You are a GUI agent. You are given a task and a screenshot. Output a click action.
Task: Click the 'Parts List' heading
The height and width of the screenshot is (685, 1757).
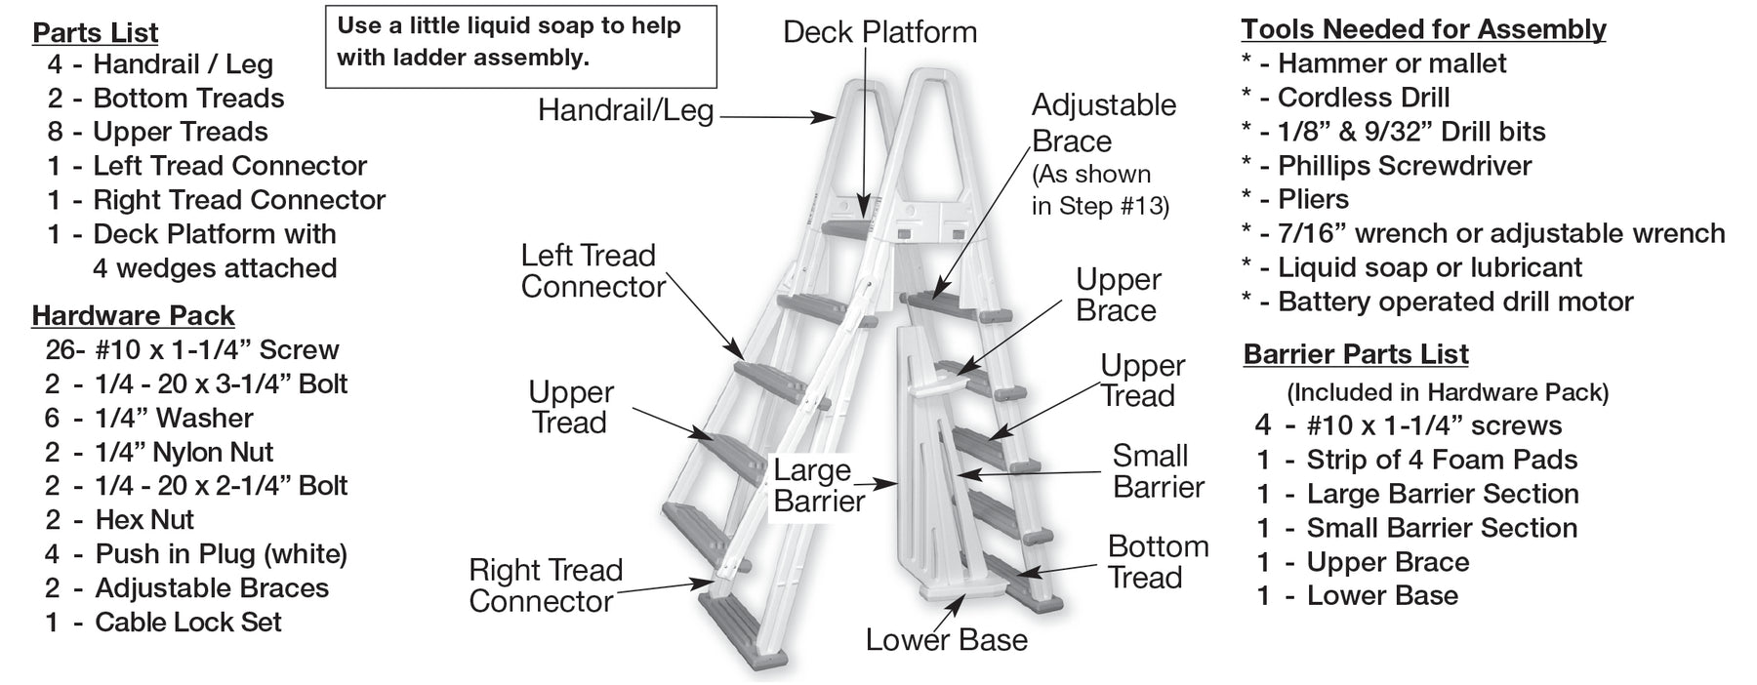(95, 32)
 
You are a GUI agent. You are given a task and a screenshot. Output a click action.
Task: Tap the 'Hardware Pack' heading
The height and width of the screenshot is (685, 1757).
(133, 315)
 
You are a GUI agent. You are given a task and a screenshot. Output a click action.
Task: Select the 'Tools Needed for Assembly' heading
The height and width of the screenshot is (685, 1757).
(1423, 29)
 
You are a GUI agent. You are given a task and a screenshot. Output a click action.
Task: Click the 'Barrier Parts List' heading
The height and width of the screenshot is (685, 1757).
(1356, 354)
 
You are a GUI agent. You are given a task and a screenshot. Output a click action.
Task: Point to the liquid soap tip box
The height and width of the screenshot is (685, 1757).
(520, 46)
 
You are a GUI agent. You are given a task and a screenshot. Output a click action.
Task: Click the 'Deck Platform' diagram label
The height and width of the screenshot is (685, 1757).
(879, 32)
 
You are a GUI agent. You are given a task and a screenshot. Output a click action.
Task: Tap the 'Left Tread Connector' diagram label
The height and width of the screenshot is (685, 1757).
(592, 271)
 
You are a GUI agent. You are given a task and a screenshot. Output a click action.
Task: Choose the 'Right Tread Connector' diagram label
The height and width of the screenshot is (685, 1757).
(545, 585)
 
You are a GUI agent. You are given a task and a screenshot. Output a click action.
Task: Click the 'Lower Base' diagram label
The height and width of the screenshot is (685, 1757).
(946, 640)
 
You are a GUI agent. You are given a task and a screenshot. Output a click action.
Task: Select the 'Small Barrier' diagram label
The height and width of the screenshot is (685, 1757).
(1158, 471)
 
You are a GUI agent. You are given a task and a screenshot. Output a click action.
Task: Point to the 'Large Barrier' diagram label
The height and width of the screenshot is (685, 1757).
(818, 486)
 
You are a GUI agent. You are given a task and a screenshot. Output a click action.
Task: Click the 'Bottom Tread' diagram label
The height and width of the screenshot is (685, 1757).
(1158, 562)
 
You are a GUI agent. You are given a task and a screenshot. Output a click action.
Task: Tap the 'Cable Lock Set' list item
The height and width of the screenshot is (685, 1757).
(187, 623)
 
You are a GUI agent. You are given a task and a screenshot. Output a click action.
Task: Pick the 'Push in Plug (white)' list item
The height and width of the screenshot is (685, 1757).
(221, 554)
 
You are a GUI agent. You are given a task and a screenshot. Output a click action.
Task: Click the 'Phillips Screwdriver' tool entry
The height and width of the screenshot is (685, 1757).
(1404, 166)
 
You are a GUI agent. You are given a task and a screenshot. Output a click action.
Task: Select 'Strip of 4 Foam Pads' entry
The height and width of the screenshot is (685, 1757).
(1441, 460)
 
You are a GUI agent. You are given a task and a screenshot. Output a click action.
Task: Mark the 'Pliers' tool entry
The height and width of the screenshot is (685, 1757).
(1313, 199)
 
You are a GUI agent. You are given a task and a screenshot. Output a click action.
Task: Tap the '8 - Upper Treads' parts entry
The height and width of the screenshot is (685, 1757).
(180, 132)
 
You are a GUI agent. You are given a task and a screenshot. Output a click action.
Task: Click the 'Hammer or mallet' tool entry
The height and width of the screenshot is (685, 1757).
(1391, 63)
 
